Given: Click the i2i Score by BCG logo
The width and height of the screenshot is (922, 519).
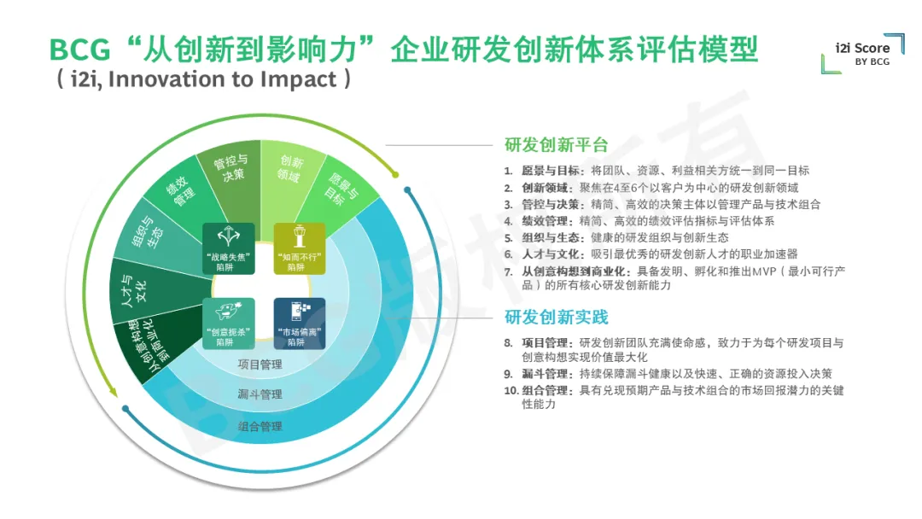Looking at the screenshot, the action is point(863,54).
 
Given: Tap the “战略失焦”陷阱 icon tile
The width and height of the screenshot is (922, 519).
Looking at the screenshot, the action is point(229,248).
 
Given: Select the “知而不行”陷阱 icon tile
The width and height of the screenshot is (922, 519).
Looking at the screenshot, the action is point(300,248).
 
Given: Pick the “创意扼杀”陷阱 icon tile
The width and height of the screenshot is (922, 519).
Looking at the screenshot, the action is point(229,324).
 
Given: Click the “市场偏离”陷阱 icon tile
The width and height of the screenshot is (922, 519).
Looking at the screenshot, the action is point(300,324).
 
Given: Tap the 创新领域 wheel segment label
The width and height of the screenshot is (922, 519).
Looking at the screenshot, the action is point(290,169).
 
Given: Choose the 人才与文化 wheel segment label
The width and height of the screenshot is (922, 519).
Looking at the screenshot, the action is point(133,290).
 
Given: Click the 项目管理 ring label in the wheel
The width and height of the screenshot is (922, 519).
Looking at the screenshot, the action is point(260,364).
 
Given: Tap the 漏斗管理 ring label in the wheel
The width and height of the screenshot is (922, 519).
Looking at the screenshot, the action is point(260,394).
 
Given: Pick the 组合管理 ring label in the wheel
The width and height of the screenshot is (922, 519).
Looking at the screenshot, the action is point(260,426).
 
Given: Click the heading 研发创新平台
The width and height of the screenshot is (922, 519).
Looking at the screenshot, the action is point(557,145).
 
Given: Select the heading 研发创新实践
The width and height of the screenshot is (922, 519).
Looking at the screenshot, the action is point(557,318).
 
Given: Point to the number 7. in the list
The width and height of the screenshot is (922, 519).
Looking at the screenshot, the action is point(509,271).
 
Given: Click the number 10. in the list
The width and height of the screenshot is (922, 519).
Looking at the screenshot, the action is point(511,390).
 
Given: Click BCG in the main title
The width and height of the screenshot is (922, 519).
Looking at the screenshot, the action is point(80,50).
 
